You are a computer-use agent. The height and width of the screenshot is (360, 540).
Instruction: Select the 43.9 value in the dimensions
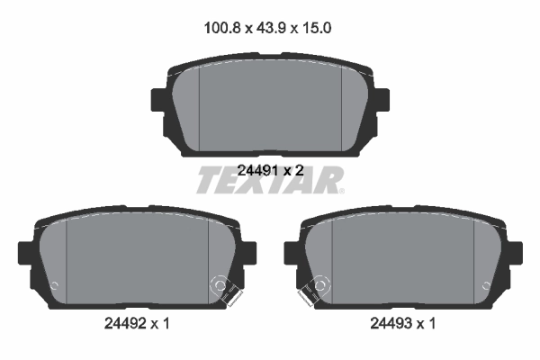(x=269, y=28)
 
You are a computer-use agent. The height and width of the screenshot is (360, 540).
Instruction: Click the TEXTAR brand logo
(x=266, y=180)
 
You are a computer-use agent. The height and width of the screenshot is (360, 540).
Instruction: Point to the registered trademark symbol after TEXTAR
(x=340, y=190)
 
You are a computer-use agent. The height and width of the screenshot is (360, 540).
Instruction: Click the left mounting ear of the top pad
(x=158, y=100)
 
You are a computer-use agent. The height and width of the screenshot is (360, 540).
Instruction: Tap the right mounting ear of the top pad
(x=381, y=100)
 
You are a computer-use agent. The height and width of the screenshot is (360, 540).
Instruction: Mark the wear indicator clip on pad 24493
(x=317, y=289)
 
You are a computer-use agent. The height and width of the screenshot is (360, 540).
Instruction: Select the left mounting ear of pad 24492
(x=26, y=253)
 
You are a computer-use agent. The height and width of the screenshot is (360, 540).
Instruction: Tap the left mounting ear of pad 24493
(x=292, y=253)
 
